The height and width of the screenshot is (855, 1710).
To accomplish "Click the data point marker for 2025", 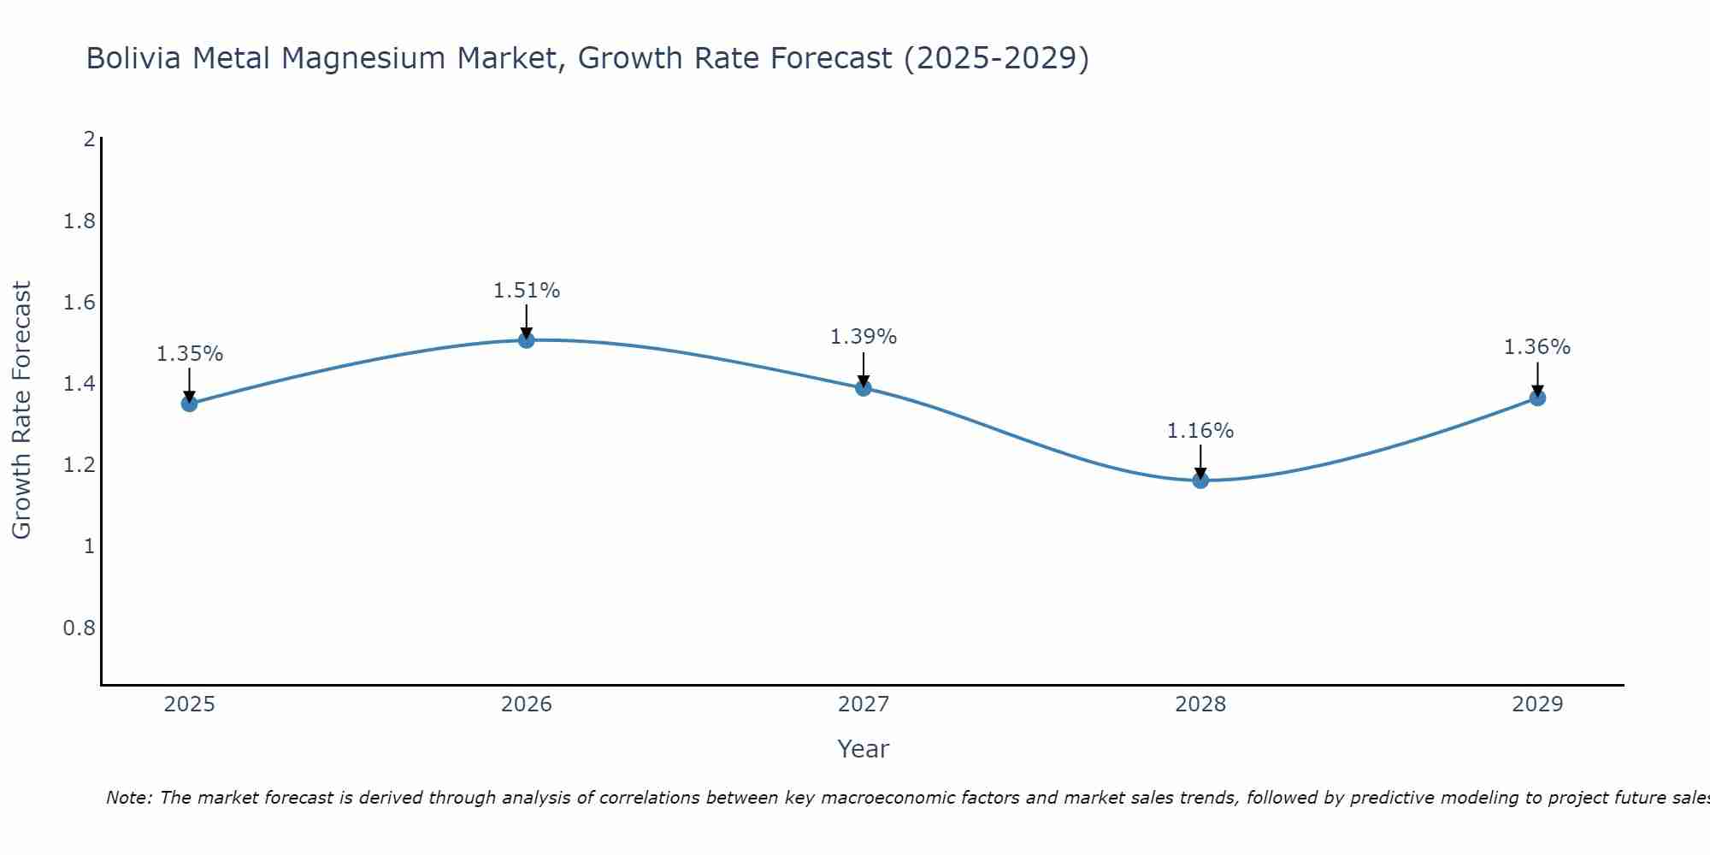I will click(x=189, y=404).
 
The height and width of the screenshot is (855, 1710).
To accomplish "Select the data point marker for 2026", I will click(x=526, y=340).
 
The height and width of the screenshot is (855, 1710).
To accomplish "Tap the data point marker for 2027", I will click(x=863, y=388).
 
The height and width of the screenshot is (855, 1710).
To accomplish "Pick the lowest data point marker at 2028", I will click(x=1200, y=481).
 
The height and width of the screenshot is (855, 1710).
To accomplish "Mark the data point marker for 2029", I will click(x=1537, y=398).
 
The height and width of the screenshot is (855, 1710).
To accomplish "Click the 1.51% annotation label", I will click(x=526, y=291).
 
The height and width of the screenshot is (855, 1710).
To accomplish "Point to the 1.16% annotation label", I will click(x=1200, y=431).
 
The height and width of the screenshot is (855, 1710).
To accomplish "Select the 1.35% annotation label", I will click(x=189, y=354).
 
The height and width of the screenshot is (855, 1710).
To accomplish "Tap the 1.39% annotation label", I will click(x=863, y=337).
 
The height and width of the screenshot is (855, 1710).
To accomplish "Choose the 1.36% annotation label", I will click(x=1537, y=347).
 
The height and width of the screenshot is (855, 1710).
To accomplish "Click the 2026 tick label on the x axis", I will click(x=526, y=705).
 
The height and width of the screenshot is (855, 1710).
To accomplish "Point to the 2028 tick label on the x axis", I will click(x=1200, y=705).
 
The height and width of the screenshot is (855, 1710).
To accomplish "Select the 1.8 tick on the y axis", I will click(x=79, y=222).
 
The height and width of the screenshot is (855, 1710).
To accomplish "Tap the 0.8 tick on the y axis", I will click(x=79, y=628).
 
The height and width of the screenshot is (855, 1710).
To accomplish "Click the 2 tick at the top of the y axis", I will click(x=89, y=139).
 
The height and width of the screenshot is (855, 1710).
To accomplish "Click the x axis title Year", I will click(x=863, y=749).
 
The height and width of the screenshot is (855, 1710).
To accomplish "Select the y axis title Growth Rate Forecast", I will click(x=21, y=410).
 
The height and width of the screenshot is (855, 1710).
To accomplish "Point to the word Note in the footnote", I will click(x=128, y=798).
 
